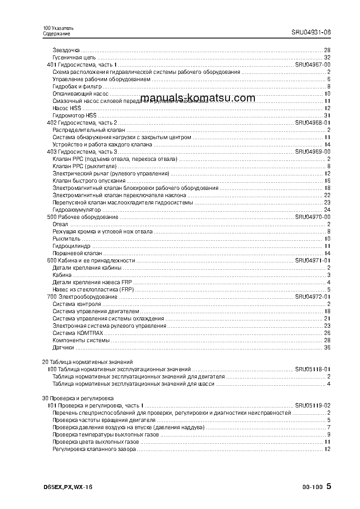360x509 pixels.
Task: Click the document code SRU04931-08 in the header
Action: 311,33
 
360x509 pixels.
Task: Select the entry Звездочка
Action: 66,50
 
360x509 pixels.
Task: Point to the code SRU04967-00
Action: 312,65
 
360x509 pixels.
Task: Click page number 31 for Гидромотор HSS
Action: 327,116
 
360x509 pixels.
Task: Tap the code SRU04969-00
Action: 312,151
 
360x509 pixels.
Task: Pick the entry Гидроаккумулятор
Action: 77,210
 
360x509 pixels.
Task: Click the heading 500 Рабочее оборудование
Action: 83,217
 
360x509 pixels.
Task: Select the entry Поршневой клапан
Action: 77,253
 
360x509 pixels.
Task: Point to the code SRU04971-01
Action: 312,261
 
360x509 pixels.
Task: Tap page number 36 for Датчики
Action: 327,348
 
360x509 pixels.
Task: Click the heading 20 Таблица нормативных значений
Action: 87,362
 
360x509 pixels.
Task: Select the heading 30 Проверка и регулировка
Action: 78,398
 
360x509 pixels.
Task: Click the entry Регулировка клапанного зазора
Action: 94,449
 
